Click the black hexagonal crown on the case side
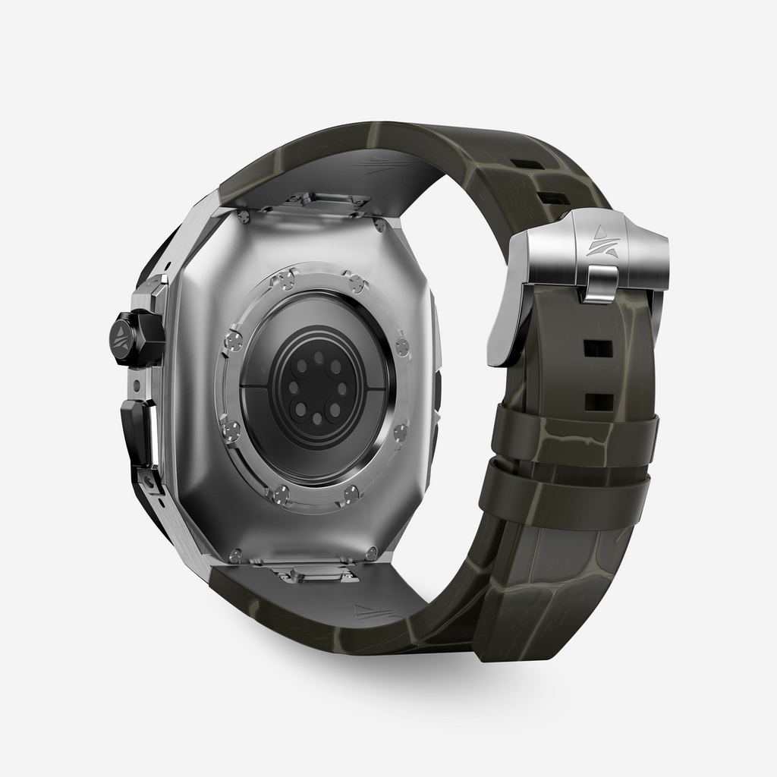coord(138,338)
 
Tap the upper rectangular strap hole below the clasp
coord(598,348)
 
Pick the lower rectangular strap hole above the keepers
coord(598,401)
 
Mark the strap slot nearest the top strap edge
coord(527,164)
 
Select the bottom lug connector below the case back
coord(316,574)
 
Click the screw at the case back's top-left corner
coord(243,218)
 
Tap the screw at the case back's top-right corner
coord(379,225)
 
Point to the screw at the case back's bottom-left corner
coord(235,555)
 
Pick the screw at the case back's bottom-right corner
coord(371,553)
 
